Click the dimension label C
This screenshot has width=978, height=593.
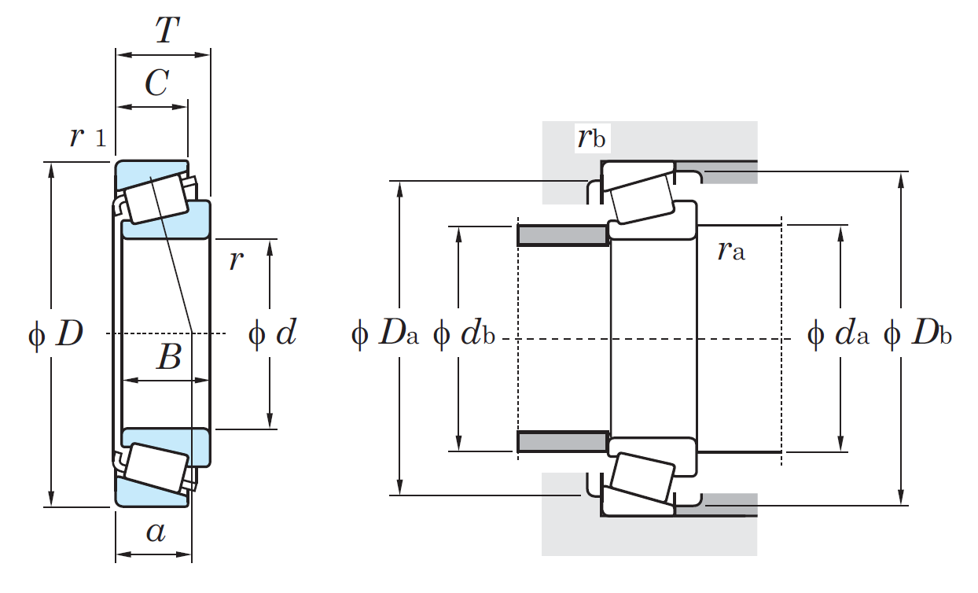tap(156, 83)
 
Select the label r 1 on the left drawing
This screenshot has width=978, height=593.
tap(86, 138)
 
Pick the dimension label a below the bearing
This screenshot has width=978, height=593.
tap(156, 533)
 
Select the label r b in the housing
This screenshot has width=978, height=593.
tap(590, 138)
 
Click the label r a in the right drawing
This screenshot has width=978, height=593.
tap(730, 251)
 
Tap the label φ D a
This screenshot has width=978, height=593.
tap(385, 336)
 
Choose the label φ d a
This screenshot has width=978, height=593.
tap(839, 336)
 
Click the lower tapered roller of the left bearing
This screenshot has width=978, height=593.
tap(158, 467)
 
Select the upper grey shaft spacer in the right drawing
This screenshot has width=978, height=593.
tap(562, 235)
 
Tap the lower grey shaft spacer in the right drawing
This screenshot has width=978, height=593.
tap(562, 441)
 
